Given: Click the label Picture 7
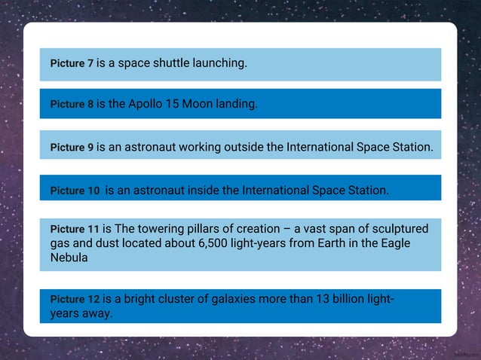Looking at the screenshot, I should [72, 64].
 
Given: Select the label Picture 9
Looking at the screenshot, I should [72, 148].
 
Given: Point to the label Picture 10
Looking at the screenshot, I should [75, 191].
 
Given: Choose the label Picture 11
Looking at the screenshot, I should [75, 229].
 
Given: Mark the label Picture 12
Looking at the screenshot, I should [75, 300].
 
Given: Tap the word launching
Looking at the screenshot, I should [220, 63].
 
